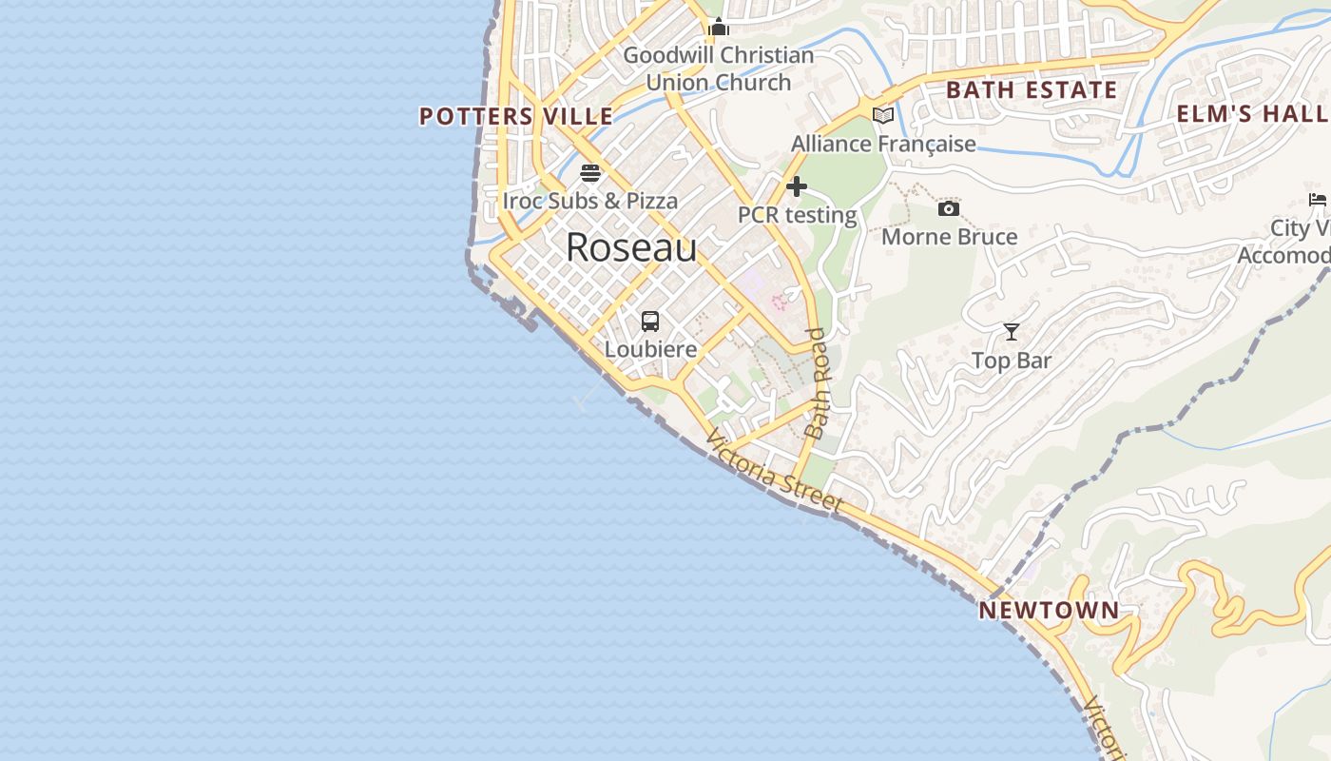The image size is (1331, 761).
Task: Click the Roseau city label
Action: [631, 247]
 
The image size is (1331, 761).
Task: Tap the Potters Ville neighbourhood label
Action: [516, 116]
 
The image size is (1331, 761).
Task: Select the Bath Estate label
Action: [1032, 90]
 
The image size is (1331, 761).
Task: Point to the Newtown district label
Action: [1049, 610]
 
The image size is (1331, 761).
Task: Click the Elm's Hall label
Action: [1252, 114]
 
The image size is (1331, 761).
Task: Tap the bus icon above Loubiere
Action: [650, 322]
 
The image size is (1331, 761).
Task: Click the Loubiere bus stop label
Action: [650, 349]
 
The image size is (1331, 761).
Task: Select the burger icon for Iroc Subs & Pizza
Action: [590, 173]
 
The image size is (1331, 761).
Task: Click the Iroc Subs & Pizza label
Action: [590, 201]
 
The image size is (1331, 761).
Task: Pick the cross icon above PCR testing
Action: [797, 186]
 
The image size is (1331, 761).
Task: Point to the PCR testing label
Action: [797, 215]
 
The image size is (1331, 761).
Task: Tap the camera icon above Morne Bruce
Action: [949, 209]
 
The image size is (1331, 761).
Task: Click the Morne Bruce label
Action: [949, 237]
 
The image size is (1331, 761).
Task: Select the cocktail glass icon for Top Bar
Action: [1012, 332]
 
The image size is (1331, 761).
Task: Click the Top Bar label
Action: [1012, 361]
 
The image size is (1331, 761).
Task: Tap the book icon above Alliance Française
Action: [883, 115]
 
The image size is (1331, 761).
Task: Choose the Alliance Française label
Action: [883, 144]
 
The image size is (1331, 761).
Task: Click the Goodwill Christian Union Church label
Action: [719, 68]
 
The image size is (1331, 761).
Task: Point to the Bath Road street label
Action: [817, 382]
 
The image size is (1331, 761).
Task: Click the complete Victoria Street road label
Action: [775, 473]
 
